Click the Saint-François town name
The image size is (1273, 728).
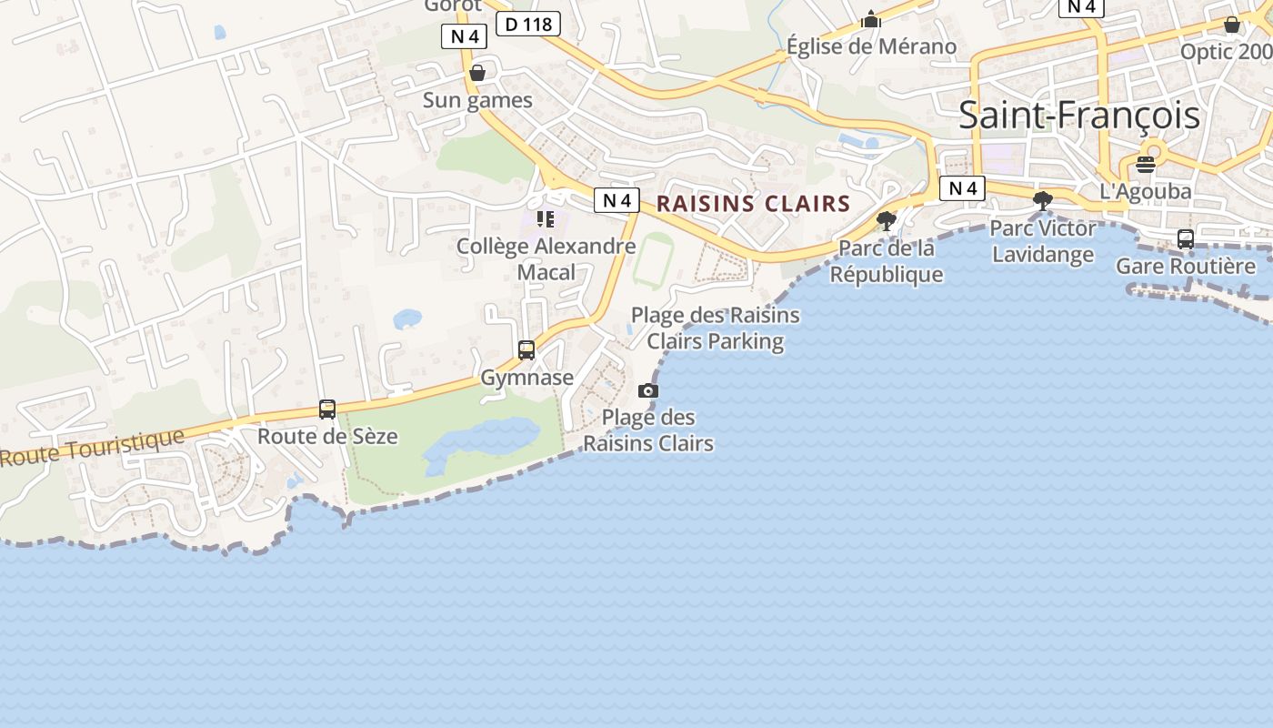click(1079, 116)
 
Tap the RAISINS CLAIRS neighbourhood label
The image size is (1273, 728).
click(753, 204)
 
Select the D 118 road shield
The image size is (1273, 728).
click(527, 24)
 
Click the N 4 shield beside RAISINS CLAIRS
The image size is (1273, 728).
click(616, 200)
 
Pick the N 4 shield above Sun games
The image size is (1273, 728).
click(464, 36)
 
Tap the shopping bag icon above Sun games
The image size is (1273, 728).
click(477, 73)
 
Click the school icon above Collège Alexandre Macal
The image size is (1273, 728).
click(546, 219)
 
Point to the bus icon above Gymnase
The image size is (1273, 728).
click(526, 349)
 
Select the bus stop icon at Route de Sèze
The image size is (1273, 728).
click(327, 409)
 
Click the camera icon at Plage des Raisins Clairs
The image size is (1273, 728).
click(647, 390)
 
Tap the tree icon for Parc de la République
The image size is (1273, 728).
click(886, 220)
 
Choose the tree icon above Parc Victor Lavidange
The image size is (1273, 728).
click(1043, 200)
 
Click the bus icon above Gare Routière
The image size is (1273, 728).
click(1186, 239)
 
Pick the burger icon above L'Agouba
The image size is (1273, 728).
click(1146, 165)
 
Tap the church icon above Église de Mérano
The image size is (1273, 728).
click(871, 19)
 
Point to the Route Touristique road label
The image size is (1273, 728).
click(91, 447)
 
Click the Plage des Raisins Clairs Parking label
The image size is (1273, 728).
click(716, 328)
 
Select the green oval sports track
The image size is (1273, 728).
click(653, 259)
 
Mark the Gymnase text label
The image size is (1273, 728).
click(527, 377)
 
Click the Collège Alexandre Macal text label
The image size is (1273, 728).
click(546, 258)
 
